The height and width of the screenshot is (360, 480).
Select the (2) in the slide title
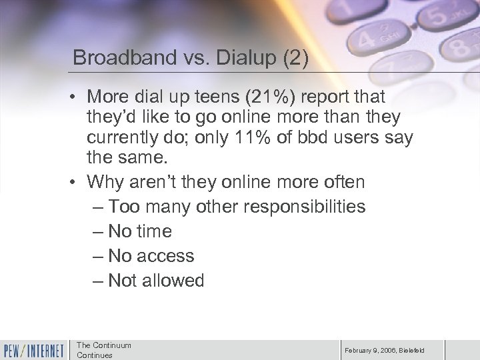point(291,57)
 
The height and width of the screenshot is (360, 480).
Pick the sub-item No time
point(140,231)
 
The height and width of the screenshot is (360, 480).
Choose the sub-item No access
point(151,256)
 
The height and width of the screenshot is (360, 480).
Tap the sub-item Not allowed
point(156,281)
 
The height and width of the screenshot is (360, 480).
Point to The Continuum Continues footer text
point(104,350)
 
